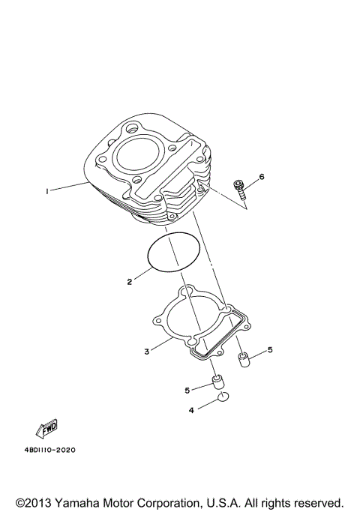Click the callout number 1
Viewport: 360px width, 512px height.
click(x=46, y=192)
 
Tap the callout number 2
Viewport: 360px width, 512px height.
click(x=129, y=283)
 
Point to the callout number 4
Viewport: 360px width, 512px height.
click(x=191, y=410)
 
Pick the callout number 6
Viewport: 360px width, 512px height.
click(x=262, y=177)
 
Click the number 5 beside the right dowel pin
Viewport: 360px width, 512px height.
click(x=270, y=349)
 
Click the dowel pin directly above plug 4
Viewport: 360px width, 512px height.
click(x=218, y=382)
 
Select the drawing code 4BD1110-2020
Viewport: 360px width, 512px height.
click(x=49, y=451)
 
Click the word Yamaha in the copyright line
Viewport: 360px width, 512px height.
click(x=81, y=502)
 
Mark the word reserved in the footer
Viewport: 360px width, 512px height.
click(x=315, y=502)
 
